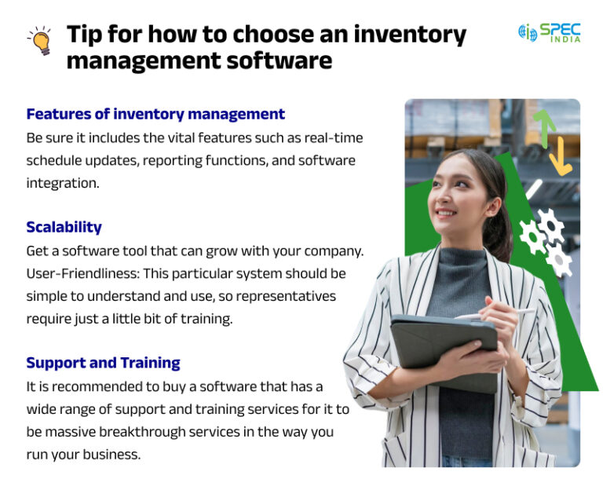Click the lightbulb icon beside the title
[38, 41]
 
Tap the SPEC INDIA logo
[550, 33]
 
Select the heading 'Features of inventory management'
[155, 114]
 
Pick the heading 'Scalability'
[64, 227]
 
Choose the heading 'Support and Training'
[103, 363]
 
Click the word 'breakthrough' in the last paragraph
[157, 432]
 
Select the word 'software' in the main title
[269, 60]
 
